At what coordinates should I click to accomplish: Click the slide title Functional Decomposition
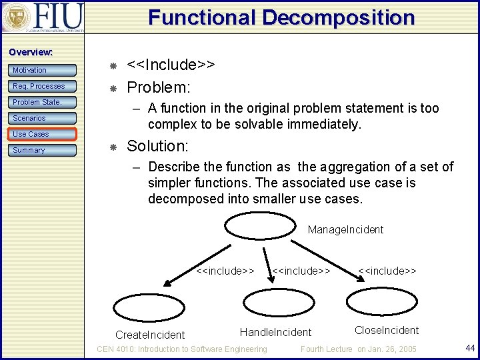[x=281, y=17]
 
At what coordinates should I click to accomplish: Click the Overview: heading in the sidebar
[x=31, y=52]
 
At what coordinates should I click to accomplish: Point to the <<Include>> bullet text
[x=171, y=65]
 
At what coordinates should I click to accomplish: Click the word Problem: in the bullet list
[x=159, y=87]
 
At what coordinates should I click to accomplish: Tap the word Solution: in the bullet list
[x=158, y=145]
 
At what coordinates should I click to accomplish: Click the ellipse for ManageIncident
[x=255, y=226]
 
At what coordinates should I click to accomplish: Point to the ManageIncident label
[x=345, y=229]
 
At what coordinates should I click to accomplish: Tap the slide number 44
[x=469, y=347]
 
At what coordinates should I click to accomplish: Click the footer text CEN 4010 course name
[x=182, y=349]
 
